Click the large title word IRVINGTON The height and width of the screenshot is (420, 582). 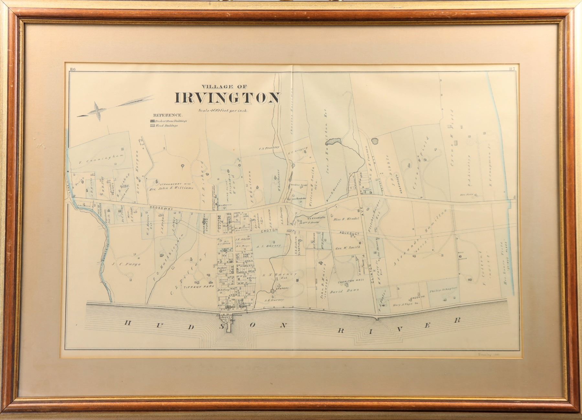click(x=227, y=98)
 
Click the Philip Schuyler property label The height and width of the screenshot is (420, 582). click(x=443, y=288)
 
